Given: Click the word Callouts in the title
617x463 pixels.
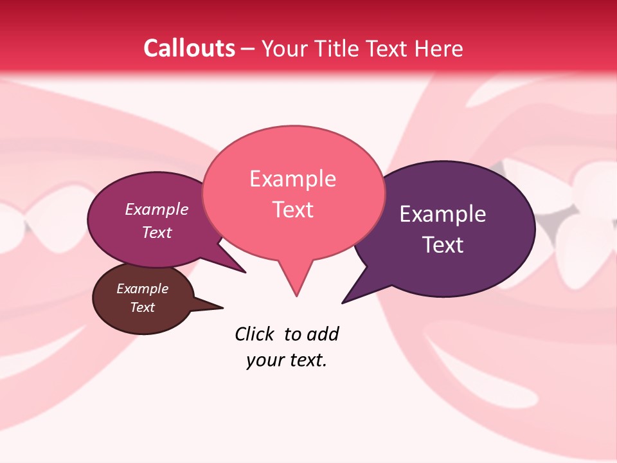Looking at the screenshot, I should coord(189,48).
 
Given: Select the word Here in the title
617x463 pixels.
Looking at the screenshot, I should coord(438,48).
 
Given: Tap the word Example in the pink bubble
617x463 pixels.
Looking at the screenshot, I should coord(292,179).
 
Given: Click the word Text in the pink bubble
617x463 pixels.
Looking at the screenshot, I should coord(292,210).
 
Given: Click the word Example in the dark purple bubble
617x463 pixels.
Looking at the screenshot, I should coord(443,214).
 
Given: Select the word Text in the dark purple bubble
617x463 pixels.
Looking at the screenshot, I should coord(443,245).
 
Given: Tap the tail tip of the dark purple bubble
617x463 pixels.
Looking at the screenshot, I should coord(343,302).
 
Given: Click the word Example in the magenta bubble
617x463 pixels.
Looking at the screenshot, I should coord(157,209).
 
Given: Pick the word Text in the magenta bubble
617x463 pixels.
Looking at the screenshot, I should coord(157,232).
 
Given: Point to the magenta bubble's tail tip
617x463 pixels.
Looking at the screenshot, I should coord(245,272).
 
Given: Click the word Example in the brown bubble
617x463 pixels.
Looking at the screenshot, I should coord(143,289).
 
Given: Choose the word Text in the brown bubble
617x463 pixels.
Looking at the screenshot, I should coord(143,307).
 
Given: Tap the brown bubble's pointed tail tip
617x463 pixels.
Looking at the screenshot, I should coord(222,307).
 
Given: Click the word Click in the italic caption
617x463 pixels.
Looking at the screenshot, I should coord(255,334).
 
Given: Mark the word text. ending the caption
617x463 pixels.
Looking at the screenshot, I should coord(306,361).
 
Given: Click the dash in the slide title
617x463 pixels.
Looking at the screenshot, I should coord(248,49).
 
